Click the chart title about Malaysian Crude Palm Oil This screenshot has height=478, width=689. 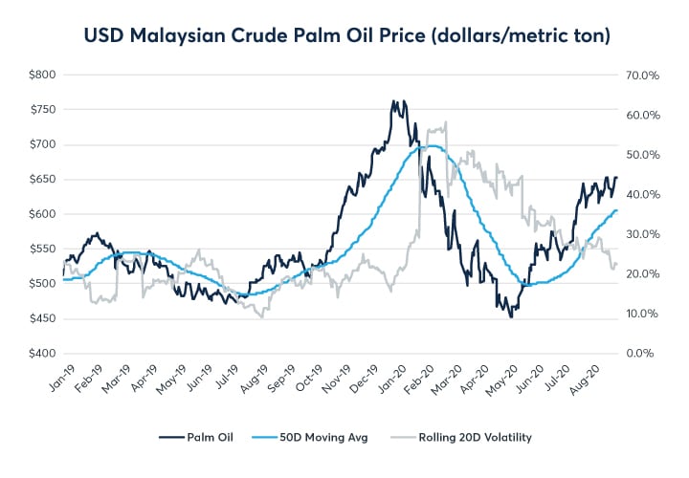coord(344,36)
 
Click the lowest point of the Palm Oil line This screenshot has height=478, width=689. coord(511,316)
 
